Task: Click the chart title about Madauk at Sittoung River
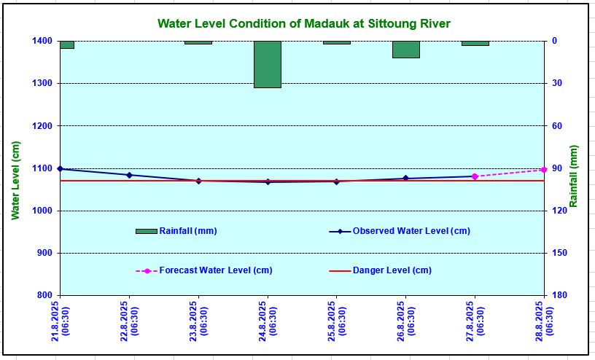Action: point(304,24)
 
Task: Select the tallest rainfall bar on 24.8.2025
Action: point(268,64)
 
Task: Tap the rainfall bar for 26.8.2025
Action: point(405,50)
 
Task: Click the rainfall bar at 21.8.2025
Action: point(66,44)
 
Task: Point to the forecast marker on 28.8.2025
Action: point(543,170)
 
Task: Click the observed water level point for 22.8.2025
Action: point(129,175)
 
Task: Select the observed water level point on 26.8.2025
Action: point(405,179)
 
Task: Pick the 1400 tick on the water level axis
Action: point(42,42)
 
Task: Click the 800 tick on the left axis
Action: point(44,295)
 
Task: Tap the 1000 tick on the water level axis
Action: point(42,211)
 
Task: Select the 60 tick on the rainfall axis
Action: point(555,126)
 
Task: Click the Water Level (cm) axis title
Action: point(16,181)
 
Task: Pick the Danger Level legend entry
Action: point(392,270)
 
